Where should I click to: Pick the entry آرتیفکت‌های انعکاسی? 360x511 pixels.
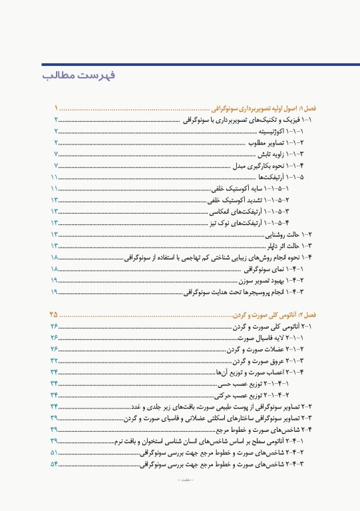252,212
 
